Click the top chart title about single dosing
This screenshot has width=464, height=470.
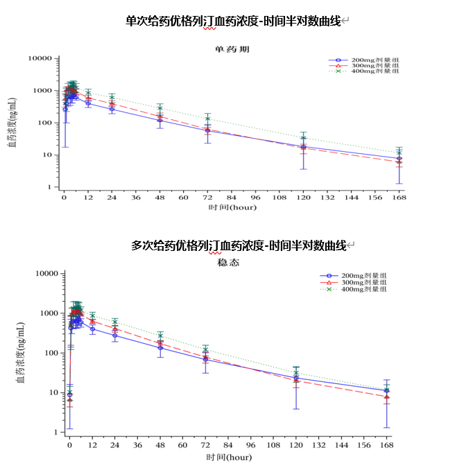coord(233,21)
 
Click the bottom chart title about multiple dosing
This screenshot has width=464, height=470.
coord(239,245)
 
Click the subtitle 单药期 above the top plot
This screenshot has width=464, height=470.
coord(231,49)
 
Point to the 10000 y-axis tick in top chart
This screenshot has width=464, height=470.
coord(39,59)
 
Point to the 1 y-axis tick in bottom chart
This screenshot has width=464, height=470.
coord(52,432)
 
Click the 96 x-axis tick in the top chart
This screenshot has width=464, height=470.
coord(256,198)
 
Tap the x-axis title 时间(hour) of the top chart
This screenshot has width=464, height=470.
coord(231,207)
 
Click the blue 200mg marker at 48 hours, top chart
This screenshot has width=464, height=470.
coord(160,120)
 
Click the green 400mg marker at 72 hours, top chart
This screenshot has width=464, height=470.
coord(208,119)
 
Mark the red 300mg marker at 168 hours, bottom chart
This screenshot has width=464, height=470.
coord(387,397)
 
